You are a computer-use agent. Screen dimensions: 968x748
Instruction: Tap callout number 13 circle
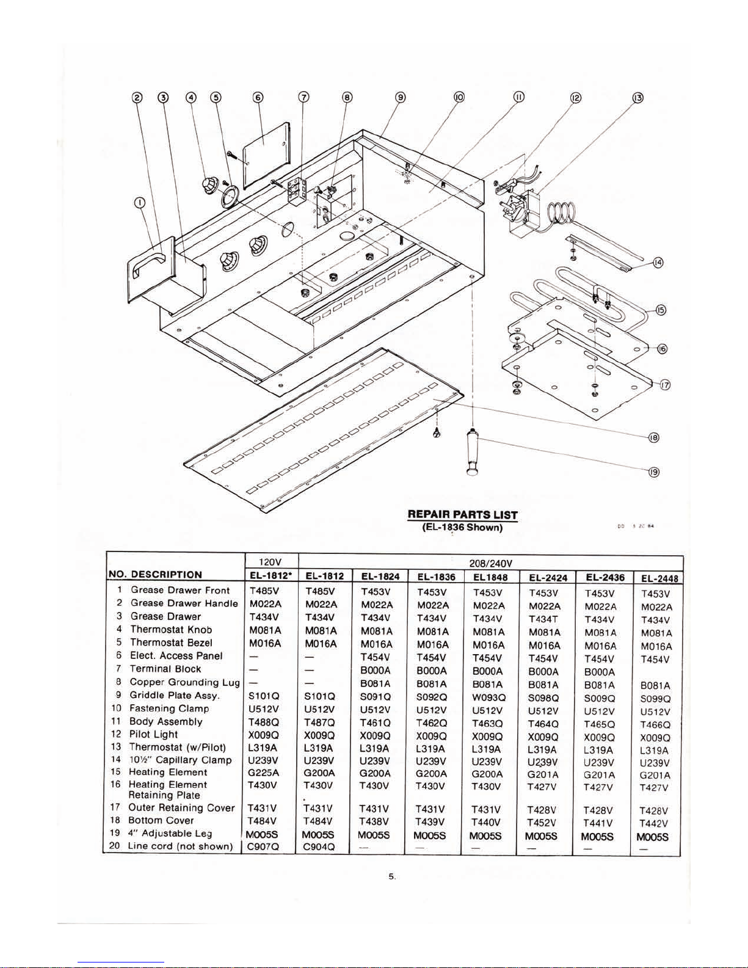(637, 98)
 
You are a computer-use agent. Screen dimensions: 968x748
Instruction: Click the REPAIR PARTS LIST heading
(462, 515)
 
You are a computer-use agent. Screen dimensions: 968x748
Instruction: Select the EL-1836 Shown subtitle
(462, 527)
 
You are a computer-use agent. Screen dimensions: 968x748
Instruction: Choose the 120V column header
(269, 562)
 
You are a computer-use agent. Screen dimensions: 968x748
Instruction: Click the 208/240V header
(490, 562)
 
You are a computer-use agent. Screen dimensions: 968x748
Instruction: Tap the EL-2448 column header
(659, 578)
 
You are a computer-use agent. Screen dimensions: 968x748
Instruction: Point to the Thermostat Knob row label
(171, 630)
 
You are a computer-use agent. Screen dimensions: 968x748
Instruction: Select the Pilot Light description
(153, 734)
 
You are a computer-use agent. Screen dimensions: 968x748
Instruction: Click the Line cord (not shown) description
(180, 846)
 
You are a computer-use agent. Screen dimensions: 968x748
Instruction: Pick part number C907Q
(264, 847)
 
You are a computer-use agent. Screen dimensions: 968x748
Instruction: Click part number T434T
(543, 619)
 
